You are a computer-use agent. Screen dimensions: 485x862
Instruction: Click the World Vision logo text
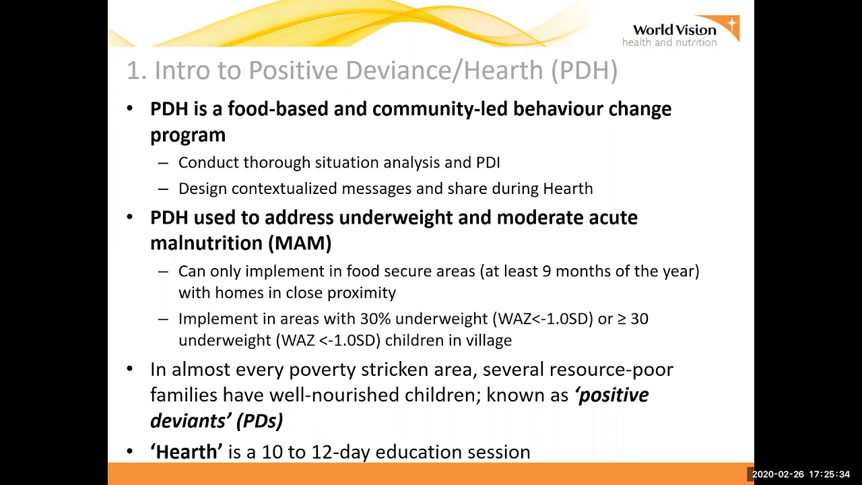[673, 30]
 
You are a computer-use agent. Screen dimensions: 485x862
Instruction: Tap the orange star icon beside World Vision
[731, 27]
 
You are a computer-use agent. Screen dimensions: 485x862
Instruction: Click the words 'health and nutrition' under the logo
[669, 42]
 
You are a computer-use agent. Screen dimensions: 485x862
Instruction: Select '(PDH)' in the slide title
[584, 70]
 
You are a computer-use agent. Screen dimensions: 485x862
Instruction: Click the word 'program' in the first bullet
[187, 135]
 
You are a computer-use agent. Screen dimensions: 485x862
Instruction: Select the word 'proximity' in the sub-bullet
[361, 292]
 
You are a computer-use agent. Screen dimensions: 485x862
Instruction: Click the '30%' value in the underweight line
[375, 319]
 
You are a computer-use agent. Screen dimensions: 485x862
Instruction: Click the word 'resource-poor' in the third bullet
[611, 370]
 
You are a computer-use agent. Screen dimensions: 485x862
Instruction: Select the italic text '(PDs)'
[259, 420]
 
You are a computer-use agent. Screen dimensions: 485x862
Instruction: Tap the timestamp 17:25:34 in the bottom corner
[829, 474]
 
